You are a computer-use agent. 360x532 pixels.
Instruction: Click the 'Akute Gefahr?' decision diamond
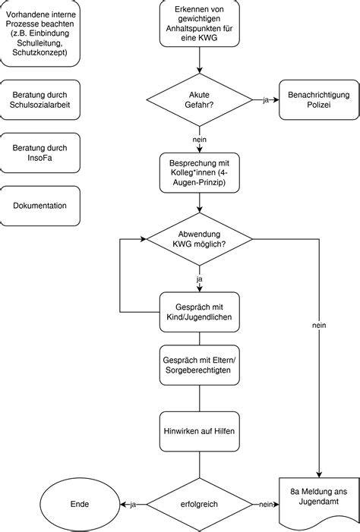pos(199,99)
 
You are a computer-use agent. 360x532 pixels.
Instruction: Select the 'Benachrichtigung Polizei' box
pos(319,99)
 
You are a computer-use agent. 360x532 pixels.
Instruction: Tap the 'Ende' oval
pos(80,504)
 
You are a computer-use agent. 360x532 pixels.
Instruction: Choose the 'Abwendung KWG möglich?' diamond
pos(199,239)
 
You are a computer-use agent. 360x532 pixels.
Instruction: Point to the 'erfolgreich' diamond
pos(199,504)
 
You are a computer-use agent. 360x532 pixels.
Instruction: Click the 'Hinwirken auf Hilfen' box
pos(199,431)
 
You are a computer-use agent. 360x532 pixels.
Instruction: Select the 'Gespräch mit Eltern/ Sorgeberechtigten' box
pos(199,365)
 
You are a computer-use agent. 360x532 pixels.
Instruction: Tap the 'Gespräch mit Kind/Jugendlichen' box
pos(199,312)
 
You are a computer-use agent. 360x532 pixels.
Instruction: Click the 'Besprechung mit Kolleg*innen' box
pos(199,173)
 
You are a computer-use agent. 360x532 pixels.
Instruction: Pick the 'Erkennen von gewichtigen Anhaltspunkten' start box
pos(199,24)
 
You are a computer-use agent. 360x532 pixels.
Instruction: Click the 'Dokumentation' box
pos(40,206)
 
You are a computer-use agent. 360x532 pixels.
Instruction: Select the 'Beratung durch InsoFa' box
pos(40,153)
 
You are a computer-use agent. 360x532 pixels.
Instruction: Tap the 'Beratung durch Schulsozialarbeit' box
pos(40,99)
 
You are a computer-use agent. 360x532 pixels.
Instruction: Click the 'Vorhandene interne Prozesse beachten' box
pos(40,33)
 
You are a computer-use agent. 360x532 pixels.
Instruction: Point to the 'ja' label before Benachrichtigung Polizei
pos(266,100)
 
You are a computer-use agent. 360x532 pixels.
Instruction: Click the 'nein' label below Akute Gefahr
pos(199,140)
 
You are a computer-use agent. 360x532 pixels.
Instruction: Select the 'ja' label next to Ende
pos(133,505)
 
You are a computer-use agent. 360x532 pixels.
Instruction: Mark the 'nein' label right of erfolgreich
pos(266,505)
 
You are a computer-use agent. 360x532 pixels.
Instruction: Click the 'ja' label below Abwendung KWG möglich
pos(199,279)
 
